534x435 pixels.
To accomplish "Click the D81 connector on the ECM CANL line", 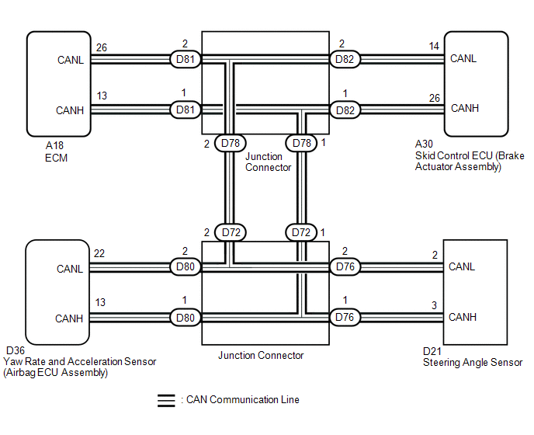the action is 186,59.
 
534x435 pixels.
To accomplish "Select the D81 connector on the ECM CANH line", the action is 186,110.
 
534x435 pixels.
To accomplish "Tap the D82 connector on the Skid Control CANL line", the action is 345,59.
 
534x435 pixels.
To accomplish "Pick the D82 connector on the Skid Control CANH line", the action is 345,110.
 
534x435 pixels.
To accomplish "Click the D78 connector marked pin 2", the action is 231,143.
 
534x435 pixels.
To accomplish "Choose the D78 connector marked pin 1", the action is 301,143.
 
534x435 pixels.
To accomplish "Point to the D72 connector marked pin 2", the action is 231,232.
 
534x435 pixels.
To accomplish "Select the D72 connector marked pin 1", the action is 301,232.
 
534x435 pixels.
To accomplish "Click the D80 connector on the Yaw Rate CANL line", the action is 186,266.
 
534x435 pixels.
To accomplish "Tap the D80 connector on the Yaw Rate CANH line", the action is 186,318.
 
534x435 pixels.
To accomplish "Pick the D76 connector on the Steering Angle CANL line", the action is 345,266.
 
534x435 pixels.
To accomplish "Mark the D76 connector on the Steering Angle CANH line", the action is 345,318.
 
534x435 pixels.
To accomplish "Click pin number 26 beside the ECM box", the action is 102,47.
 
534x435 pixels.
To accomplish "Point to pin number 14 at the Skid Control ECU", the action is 434,46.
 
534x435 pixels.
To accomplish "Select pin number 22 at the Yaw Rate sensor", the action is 99,253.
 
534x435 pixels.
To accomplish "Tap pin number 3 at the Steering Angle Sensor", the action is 434,305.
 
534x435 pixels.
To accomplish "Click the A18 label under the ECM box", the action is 54,145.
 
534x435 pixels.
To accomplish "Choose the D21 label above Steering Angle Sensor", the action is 432,351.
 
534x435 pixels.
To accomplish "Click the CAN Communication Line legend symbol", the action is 166,401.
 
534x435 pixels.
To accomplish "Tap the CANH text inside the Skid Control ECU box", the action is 465,109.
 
